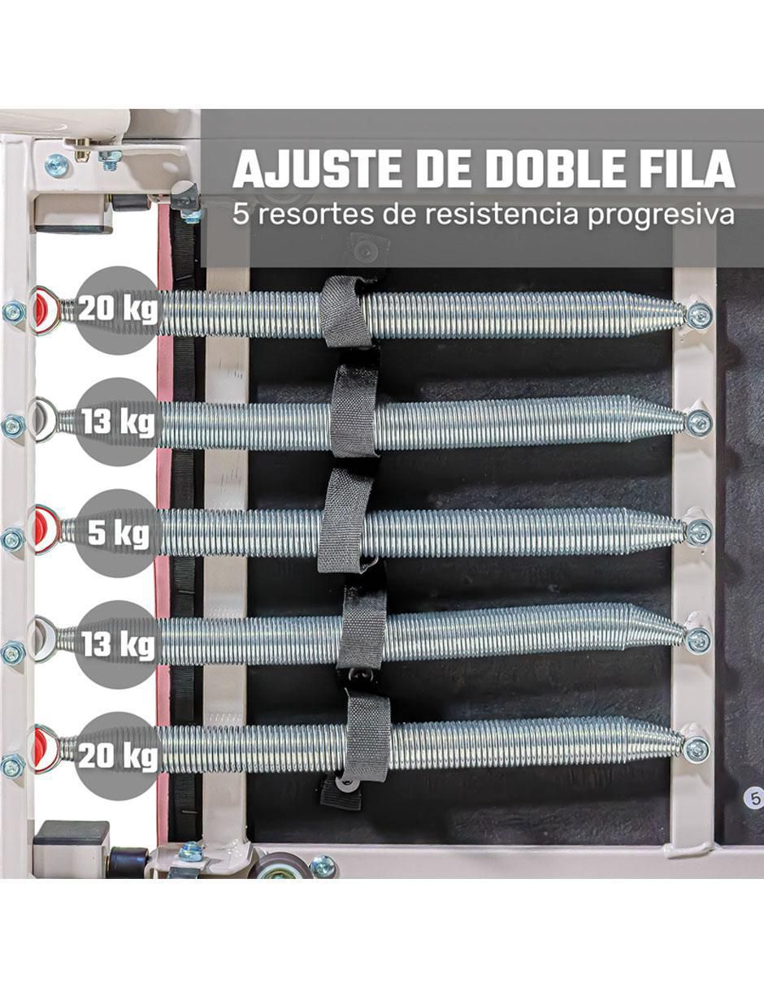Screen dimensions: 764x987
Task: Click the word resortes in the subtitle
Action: coord(317,214)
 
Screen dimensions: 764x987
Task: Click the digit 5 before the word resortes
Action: coord(241,214)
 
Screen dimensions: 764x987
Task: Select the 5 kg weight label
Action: coord(119,532)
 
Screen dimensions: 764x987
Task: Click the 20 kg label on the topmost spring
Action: coord(118,310)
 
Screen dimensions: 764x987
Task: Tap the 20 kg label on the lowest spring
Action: coord(118,756)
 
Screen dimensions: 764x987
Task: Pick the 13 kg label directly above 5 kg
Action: coord(118,422)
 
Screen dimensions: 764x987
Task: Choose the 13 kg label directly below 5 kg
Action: coord(118,644)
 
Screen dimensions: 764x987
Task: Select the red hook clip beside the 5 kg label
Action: coord(46,529)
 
